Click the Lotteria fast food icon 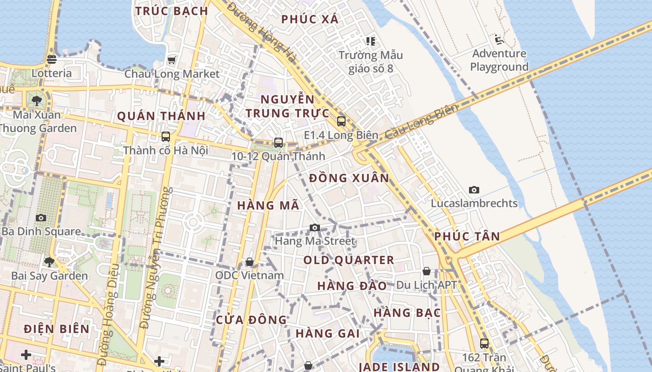pos(52,59)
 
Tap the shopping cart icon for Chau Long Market pos(172,60)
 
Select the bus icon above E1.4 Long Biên pos(341,121)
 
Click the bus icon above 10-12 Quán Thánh pos(278,142)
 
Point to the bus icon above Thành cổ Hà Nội pos(165,137)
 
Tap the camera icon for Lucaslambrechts pos(474,190)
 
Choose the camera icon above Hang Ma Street pos(315,227)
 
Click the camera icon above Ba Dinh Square pos(41,218)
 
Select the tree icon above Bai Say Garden pos(49,262)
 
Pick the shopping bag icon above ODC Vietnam pos(250,262)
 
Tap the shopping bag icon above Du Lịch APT pos(427,271)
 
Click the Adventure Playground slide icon pos(499,40)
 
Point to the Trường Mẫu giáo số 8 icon pos(371,41)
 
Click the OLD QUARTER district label pos(349,260)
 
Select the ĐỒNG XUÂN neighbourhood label pos(349,178)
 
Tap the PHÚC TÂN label pos(467,236)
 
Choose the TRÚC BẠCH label pos(171,11)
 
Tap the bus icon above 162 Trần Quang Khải pos(484,344)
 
